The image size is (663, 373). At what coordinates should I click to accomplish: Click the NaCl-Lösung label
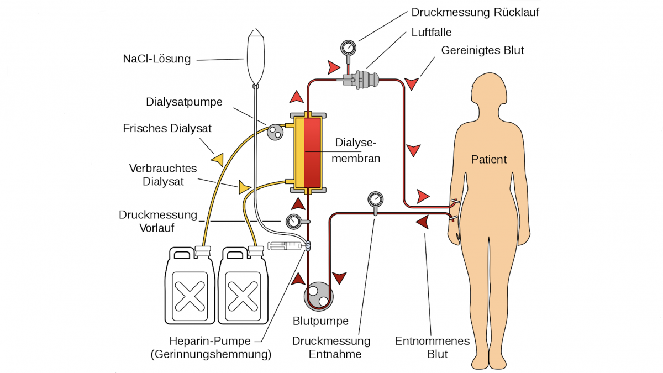click(157, 59)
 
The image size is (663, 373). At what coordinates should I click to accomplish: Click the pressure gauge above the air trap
click(349, 48)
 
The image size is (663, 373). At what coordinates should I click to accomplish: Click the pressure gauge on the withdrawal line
click(375, 198)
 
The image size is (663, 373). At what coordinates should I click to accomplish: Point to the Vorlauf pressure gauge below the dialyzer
click(293, 222)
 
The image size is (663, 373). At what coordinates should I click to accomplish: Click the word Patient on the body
click(488, 160)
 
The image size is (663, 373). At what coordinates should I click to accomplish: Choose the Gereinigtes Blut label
click(482, 50)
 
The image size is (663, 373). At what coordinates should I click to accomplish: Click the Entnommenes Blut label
click(432, 347)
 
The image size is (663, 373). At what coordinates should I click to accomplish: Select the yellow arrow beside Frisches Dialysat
click(217, 160)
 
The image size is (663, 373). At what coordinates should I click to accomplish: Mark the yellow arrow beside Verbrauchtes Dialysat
click(244, 187)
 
